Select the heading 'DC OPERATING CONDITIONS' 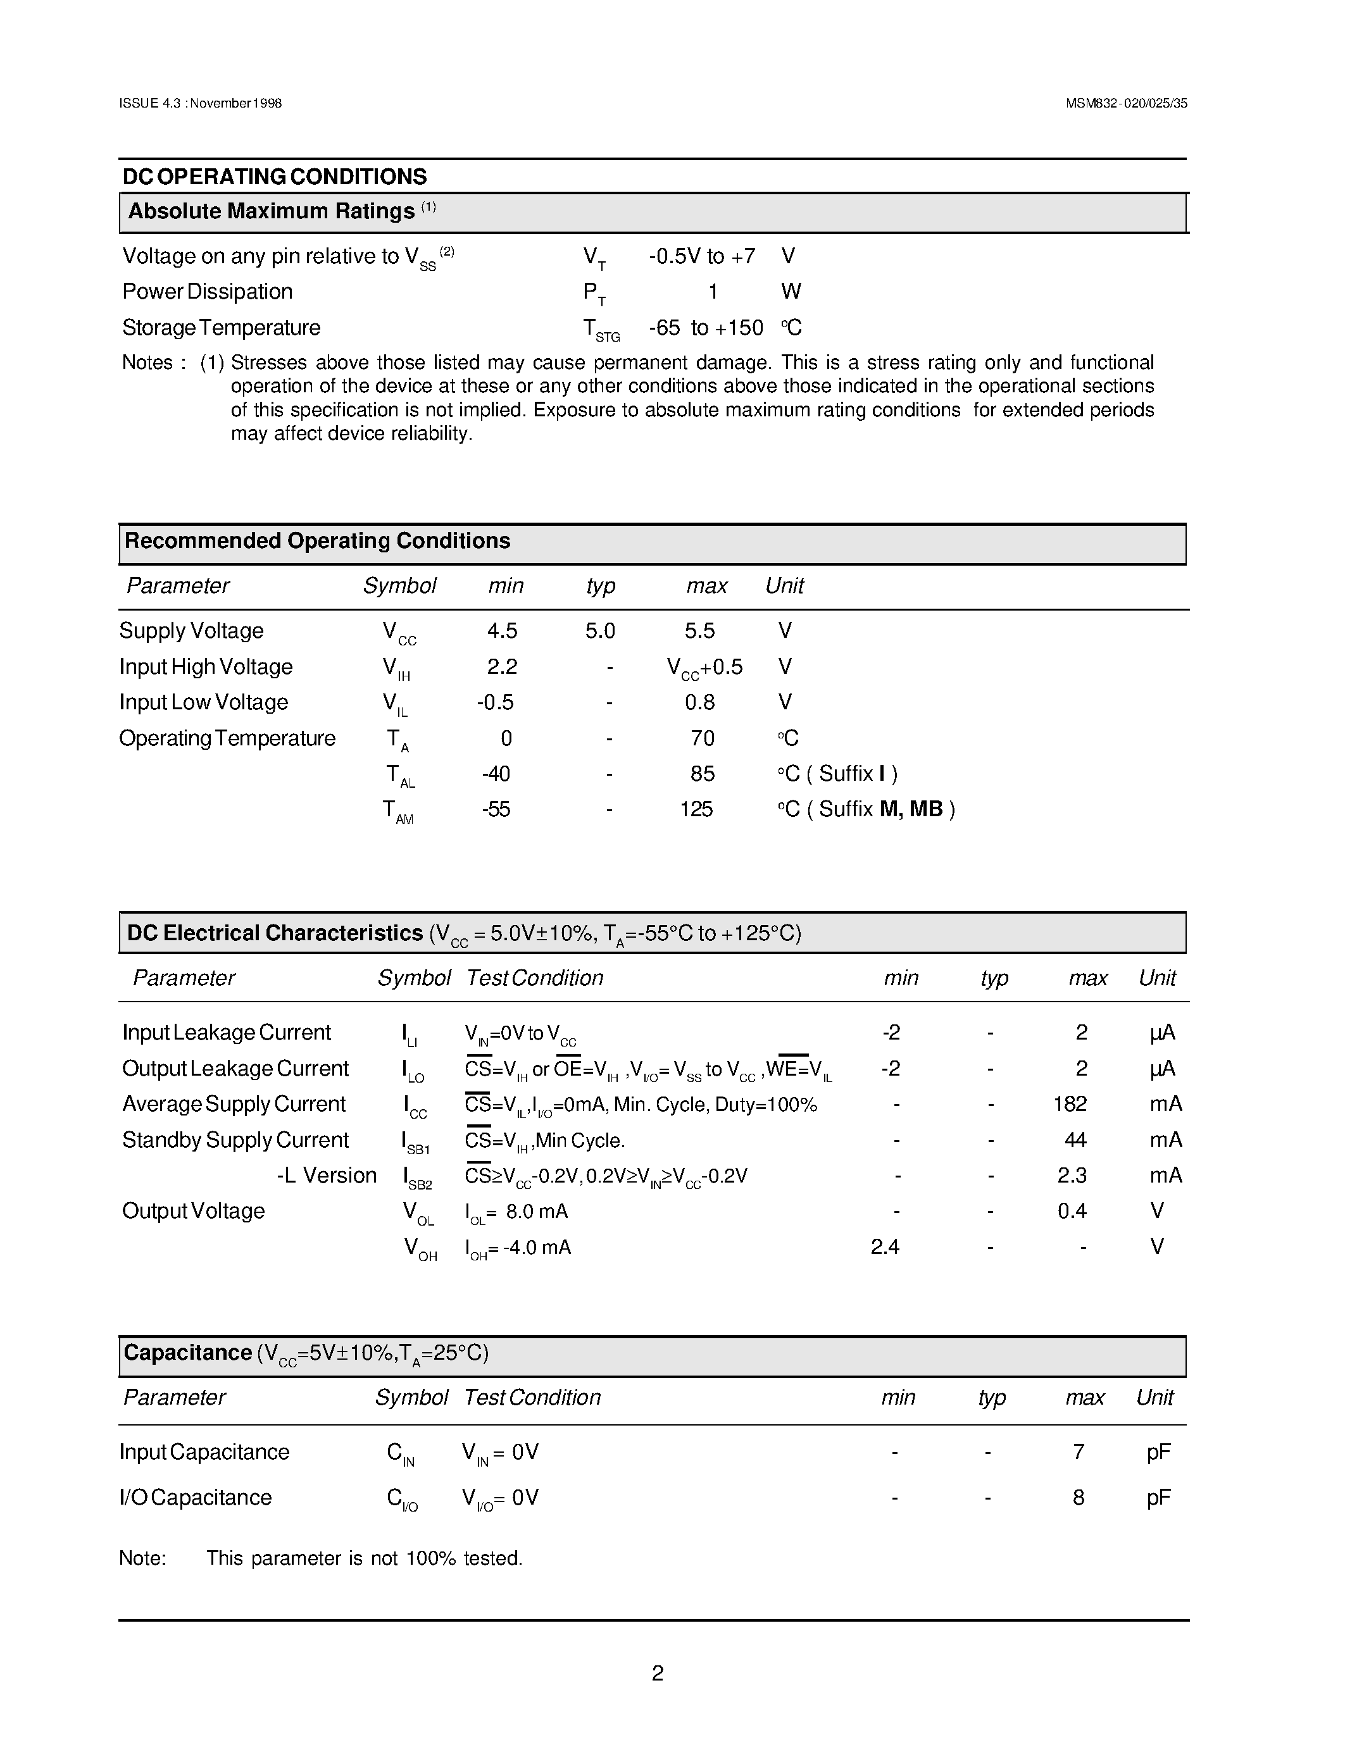click(274, 177)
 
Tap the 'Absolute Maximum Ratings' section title click(271, 211)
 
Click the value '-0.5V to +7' click(701, 256)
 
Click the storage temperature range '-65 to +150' click(705, 328)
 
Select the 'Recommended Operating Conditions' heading click(317, 541)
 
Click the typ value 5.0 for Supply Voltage click(599, 631)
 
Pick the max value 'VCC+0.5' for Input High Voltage click(704, 668)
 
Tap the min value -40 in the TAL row click(496, 774)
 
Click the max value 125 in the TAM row click(696, 809)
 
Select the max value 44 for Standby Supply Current click(1075, 1140)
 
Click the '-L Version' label click(326, 1176)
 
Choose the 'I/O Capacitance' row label click(195, 1498)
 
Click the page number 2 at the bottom click(658, 1673)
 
